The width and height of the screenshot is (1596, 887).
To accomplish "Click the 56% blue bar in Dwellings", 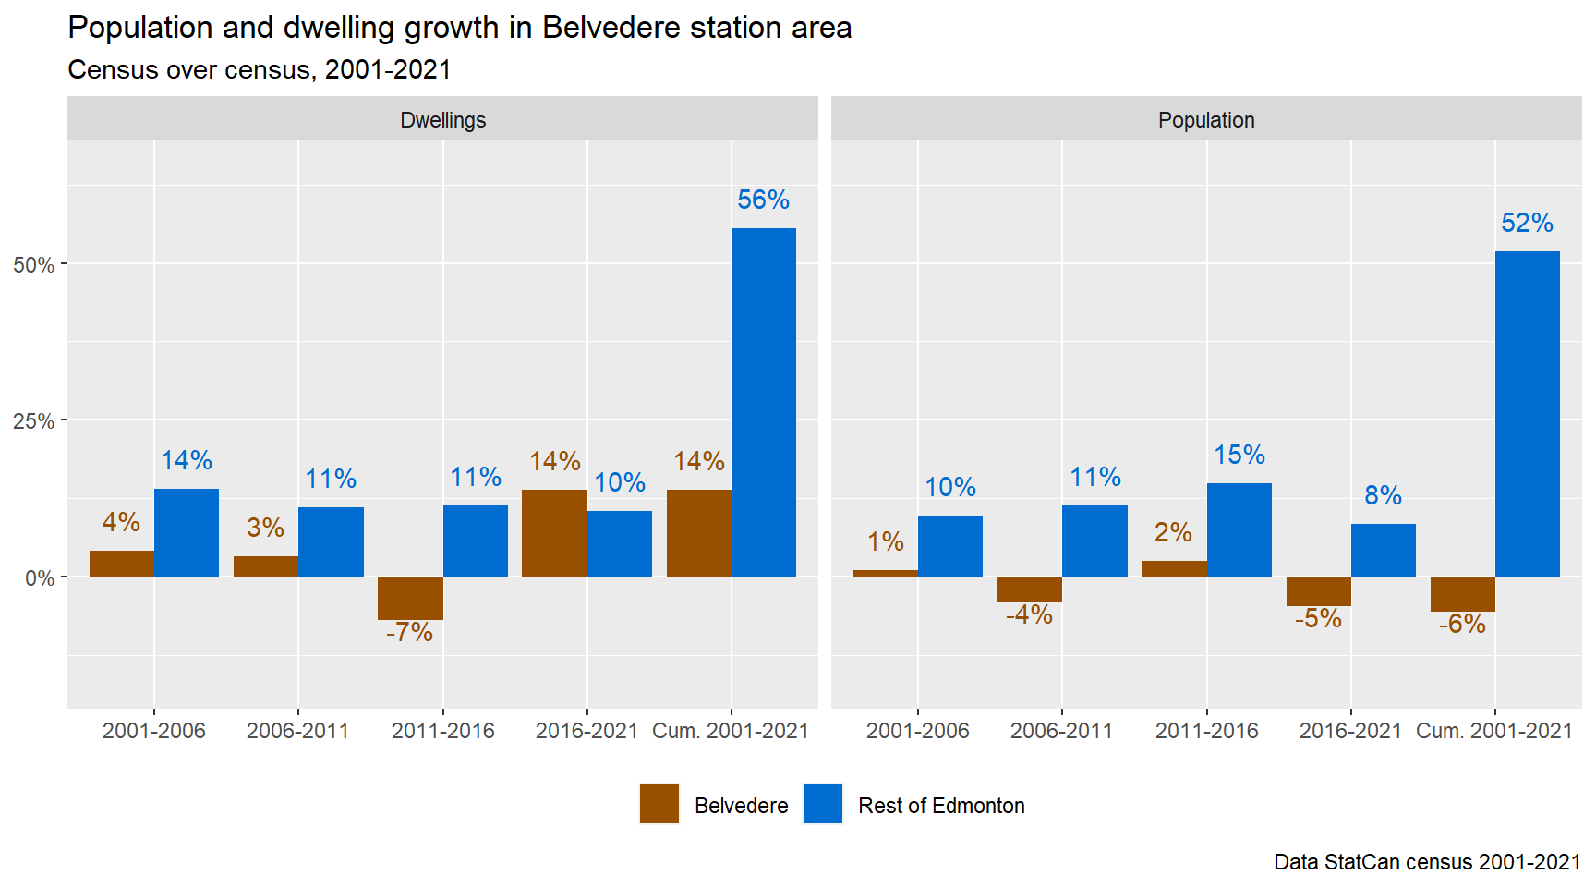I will click(x=763, y=402).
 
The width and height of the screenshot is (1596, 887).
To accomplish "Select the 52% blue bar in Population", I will click(x=1527, y=414).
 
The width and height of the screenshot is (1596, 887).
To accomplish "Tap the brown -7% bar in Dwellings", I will click(x=410, y=598).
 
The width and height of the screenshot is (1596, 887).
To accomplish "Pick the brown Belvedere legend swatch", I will click(x=659, y=804).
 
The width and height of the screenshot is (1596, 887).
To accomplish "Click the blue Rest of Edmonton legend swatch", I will click(x=822, y=804).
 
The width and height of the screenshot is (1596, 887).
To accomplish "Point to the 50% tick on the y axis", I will click(x=33, y=265).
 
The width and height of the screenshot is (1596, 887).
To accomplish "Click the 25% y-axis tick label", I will click(x=33, y=421).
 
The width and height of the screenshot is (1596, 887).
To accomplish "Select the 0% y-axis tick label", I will click(x=39, y=578).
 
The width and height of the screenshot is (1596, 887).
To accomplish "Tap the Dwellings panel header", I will click(x=442, y=120).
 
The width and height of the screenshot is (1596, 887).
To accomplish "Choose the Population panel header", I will click(x=1205, y=120).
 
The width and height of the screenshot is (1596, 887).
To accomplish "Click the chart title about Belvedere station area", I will click(x=459, y=28).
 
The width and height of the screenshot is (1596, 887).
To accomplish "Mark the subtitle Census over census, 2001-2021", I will click(x=259, y=70).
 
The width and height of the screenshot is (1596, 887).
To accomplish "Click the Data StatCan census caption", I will click(x=1426, y=862).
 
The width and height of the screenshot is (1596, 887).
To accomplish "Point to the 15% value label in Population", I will click(x=1239, y=455).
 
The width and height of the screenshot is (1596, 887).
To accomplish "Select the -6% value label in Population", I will click(x=1462, y=625).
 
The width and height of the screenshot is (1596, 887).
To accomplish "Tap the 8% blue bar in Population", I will click(x=1383, y=550).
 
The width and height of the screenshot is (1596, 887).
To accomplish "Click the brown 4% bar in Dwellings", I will click(x=122, y=564).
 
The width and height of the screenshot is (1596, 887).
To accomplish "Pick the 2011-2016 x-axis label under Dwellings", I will click(x=442, y=731).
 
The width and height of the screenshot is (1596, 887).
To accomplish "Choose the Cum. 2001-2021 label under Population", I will click(x=1493, y=731).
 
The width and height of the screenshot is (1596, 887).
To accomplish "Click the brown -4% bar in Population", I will click(x=1030, y=589).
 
